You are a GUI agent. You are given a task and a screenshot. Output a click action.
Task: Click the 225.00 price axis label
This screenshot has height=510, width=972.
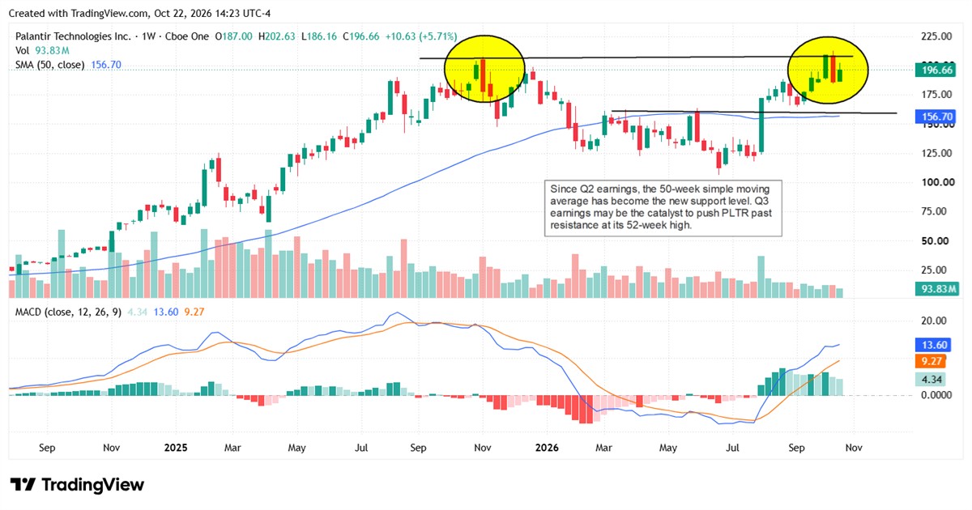pos(936,36)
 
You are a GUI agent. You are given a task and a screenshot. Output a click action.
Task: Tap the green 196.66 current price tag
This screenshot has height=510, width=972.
pos(936,70)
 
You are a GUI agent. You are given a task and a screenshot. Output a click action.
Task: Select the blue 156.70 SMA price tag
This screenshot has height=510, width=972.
pos(936,117)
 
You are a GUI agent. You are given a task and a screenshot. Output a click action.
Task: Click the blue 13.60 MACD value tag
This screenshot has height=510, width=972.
pos(933,345)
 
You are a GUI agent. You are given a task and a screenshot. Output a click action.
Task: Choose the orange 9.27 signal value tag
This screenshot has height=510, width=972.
pos(932,361)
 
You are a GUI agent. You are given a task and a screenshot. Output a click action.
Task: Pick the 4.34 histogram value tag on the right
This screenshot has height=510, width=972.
pos(932,380)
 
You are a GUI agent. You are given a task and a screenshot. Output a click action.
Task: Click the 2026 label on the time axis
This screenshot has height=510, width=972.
pos(547,448)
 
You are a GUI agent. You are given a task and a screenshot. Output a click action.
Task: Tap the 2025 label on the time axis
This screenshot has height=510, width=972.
pos(176,448)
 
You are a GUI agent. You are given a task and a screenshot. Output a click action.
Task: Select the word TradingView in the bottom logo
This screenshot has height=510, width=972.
pos(92,484)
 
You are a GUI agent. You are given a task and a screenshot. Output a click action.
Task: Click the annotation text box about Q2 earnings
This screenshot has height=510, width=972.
pos(663,208)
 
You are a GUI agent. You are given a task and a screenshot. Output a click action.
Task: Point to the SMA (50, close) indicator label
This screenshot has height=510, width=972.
pos(50,65)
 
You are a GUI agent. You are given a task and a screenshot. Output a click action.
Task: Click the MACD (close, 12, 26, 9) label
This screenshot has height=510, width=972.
pos(68,312)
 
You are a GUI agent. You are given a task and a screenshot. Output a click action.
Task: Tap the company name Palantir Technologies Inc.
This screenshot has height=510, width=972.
pos(73,36)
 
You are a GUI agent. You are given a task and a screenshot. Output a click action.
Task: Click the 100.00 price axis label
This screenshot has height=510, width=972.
pos(938,182)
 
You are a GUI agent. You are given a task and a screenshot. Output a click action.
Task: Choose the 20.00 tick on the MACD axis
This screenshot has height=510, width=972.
pos(934,321)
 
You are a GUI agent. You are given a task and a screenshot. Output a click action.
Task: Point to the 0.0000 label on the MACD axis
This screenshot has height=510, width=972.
pos(936,395)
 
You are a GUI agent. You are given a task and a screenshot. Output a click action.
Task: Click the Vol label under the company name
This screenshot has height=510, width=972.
pos(22,51)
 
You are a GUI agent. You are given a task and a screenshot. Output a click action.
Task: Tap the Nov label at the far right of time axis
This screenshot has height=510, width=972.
pos(854,448)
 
